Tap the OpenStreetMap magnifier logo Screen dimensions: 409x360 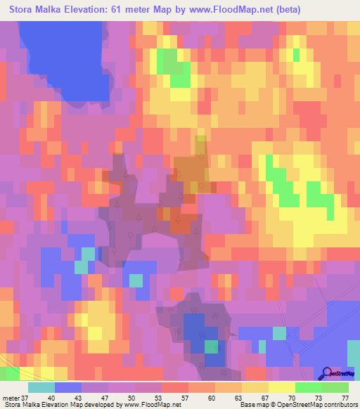pyautogui.click(x=328, y=374)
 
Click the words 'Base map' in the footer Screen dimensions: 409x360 pyautogui.click(x=255, y=404)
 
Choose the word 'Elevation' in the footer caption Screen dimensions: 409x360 pyautogui.click(x=56, y=404)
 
